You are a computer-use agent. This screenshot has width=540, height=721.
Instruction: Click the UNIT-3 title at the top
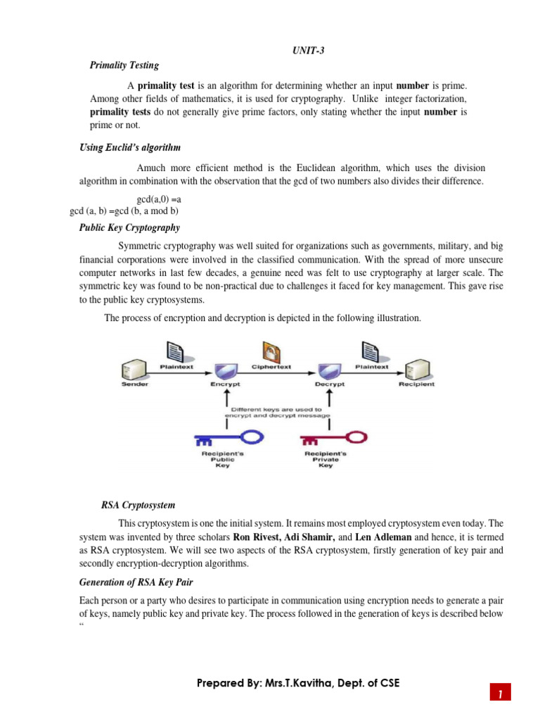click(x=309, y=51)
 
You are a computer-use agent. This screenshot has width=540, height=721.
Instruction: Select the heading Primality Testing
click(x=124, y=65)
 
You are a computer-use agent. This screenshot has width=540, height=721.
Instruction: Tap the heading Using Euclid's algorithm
click(x=129, y=148)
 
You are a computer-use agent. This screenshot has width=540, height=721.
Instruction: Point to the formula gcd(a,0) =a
click(x=159, y=199)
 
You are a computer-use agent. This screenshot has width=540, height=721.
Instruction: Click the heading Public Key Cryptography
click(x=129, y=227)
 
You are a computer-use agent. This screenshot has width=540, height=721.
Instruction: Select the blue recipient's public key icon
click(x=229, y=438)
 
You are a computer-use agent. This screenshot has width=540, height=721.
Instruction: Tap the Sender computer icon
click(x=134, y=370)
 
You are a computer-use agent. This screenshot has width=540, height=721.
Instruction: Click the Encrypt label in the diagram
click(x=225, y=384)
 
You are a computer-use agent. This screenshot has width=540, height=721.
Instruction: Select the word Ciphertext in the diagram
click(x=271, y=367)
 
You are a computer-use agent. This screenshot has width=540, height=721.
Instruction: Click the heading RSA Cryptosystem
click(x=138, y=505)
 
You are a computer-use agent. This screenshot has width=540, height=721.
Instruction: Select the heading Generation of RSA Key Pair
click(x=136, y=582)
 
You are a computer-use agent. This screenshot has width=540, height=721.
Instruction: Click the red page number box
click(x=500, y=693)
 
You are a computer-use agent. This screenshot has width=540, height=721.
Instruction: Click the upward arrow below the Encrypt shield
click(x=226, y=399)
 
